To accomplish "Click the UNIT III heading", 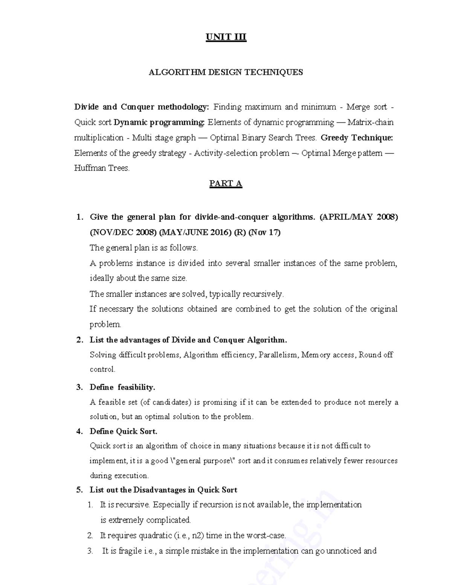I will click(226, 37).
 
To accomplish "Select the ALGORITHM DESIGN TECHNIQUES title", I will click(226, 72).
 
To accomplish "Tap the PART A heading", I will click(226, 183).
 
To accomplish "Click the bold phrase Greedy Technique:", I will click(357, 138).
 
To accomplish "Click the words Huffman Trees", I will click(102, 168).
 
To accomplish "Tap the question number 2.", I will click(79, 340).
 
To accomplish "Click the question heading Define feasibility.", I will click(122, 387).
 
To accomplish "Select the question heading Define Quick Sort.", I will click(123, 431).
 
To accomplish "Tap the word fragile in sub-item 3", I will click(130, 551).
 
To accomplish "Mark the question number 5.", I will click(79, 490).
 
